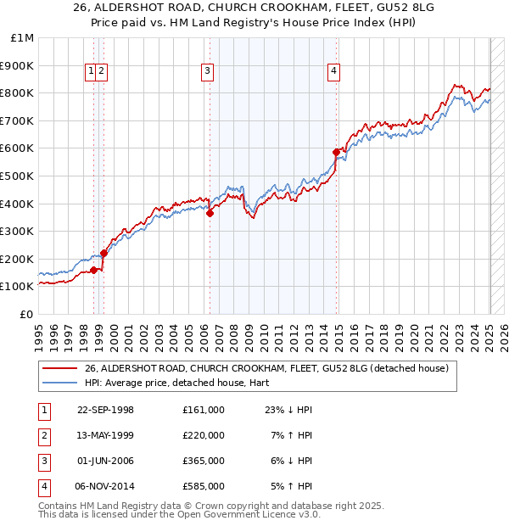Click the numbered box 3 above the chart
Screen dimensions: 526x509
208,72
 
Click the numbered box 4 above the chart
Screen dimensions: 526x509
334,72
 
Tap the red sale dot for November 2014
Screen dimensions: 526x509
337,152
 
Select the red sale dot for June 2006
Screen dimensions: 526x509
210,213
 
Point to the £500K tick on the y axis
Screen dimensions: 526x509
18,176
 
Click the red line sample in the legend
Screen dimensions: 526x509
59,368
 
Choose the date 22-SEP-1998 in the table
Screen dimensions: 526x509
105,410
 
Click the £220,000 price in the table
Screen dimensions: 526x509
203,435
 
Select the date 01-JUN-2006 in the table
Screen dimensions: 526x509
105,461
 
